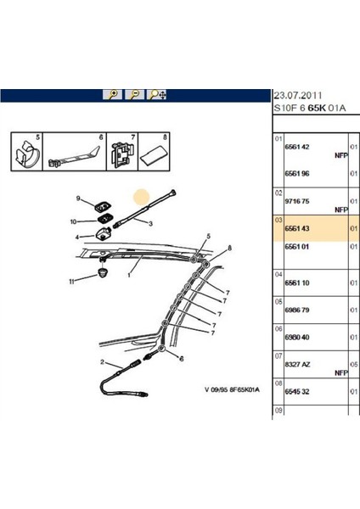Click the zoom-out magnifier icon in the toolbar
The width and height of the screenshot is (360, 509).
tap(133, 95)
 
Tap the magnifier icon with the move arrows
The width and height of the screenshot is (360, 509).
tap(156, 95)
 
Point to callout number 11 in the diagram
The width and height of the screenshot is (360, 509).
tap(73, 281)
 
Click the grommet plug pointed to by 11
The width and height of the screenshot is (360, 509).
tap(105, 275)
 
